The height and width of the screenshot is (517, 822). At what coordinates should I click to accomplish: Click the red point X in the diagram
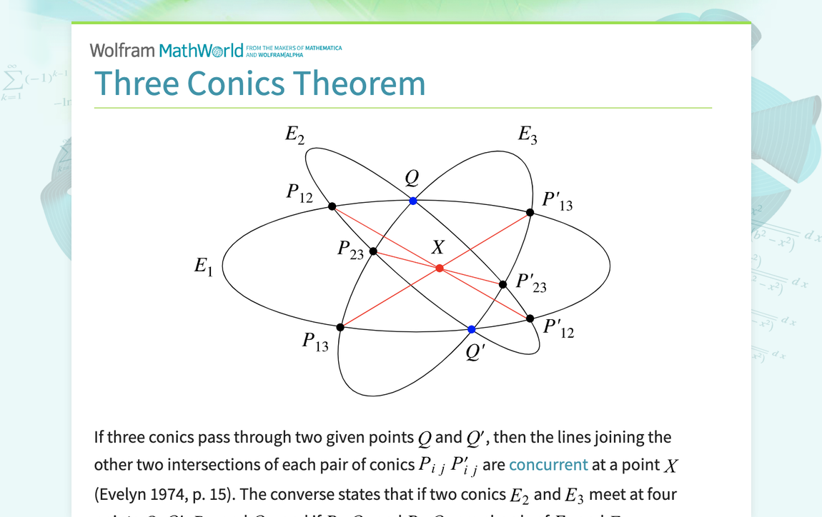440,268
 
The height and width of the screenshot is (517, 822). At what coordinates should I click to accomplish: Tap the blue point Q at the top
413,201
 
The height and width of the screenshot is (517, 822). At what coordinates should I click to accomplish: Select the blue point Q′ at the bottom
472,329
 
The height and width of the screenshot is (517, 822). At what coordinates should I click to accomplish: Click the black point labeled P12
332,206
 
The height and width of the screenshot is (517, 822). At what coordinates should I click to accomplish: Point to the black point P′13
530,212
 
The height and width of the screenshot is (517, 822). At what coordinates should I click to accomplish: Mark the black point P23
373,251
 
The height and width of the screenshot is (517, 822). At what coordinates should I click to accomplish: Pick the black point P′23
503,284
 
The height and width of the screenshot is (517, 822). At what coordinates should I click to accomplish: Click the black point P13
340,327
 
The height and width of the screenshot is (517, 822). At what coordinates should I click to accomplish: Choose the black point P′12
530,318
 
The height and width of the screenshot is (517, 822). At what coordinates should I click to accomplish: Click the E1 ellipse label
204,267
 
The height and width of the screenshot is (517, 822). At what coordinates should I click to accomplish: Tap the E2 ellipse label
294,134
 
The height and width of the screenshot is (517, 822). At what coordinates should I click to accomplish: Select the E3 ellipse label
528,134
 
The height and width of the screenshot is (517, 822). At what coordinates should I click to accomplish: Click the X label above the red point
437,248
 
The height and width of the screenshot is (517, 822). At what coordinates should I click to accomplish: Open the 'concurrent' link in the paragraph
548,465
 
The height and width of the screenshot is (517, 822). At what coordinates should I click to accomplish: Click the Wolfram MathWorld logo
167,51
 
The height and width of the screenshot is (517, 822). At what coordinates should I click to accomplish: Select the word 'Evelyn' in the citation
123,494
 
